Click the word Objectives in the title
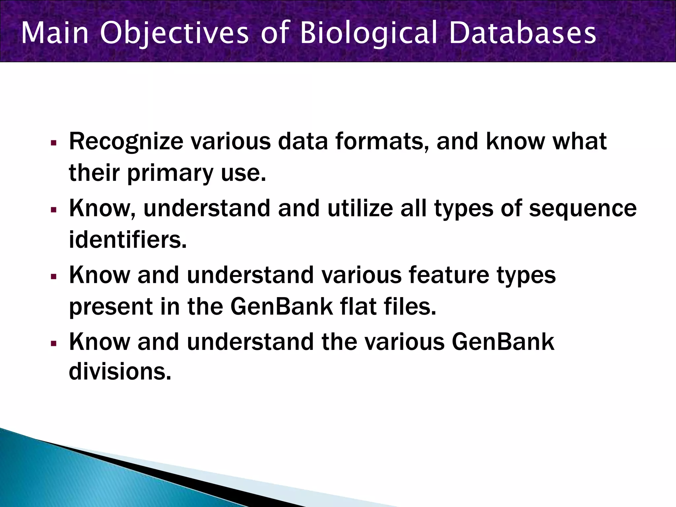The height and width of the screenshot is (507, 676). click(174, 33)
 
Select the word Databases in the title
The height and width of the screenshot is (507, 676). click(523, 33)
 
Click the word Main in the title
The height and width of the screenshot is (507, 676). click(55, 33)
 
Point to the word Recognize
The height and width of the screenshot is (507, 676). click(126, 141)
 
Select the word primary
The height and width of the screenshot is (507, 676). click(170, 173)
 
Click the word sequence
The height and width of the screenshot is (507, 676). click(583, 208)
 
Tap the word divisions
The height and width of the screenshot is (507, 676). click(120, 371)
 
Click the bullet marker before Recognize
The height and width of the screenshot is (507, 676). click(54, 143)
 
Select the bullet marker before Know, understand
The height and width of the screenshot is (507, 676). click(54, 210)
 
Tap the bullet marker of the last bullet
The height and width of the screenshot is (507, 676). click(54, 343)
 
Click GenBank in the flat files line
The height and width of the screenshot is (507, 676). click(282, 307)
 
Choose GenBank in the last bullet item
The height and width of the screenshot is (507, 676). click(503, 342)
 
